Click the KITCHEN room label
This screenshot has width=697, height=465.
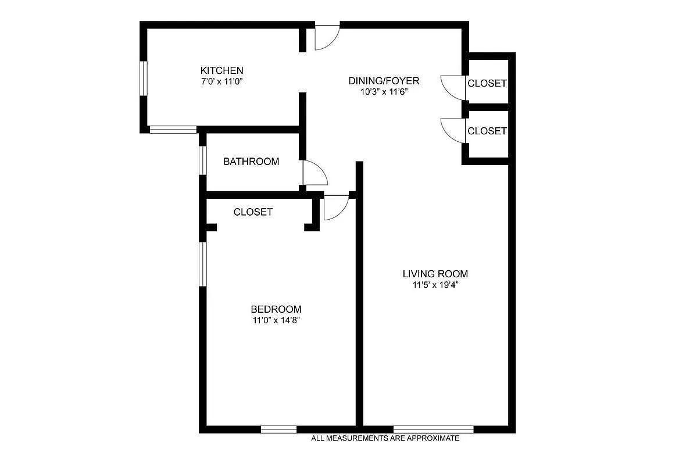coord(221,70)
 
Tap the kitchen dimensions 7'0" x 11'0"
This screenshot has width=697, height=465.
coord(221,81)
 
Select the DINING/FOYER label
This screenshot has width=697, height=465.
coord(384,81)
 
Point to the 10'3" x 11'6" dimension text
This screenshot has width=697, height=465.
coord(384,91)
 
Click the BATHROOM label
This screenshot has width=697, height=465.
coord(251,162)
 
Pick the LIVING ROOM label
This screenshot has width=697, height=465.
coord(435,274)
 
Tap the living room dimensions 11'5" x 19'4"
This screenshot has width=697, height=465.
coord(435,285)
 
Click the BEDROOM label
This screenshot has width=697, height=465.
coord(276,309)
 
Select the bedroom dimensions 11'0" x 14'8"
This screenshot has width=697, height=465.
coord(276,320)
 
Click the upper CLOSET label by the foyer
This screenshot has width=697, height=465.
coord(487,83)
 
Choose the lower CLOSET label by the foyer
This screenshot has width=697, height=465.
coord(487,131)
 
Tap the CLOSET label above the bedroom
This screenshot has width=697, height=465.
coord(253,212)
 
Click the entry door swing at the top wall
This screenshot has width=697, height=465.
coord(326,38)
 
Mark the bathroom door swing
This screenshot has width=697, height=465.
coord(314,173)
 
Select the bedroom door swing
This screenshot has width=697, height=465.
coord(335,208)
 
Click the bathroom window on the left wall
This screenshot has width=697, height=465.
coord(203,160)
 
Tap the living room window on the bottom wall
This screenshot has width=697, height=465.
coord(433,430)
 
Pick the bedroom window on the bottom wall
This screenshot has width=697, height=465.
coord(278,430)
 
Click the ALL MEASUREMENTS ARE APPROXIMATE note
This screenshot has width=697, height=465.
coord(385,438)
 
